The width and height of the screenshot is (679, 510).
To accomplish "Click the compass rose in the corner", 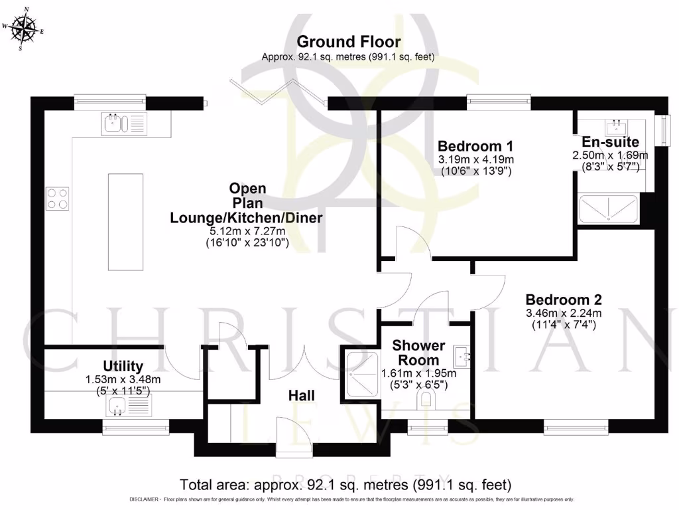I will tap(25, 29).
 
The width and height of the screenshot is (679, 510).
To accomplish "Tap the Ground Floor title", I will tap(348, 42).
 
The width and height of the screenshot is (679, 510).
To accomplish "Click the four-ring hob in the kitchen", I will tap(57, 197).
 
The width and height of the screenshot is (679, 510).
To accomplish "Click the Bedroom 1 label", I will tap(475, 146).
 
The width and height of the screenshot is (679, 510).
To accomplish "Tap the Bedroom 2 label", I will tap(564, 299).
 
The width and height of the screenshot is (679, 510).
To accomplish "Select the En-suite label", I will tap(610, 141).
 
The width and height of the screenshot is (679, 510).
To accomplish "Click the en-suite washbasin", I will tap(617, 125).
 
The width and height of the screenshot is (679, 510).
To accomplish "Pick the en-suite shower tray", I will tap(609, 210).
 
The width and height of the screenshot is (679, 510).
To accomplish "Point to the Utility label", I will tap(123, 366).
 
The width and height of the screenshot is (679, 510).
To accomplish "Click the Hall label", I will tap(296, 395).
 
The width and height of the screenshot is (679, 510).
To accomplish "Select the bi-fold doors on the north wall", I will tap(278, 92).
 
